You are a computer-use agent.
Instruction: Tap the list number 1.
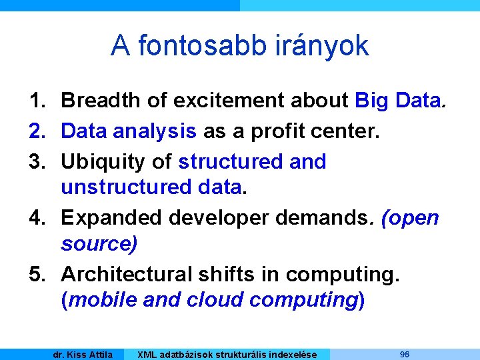pos(37,101)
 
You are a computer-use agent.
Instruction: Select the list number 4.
pos(37,218)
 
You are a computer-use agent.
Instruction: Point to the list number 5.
pos(37,274)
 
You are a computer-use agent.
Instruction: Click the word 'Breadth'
pos(101,101)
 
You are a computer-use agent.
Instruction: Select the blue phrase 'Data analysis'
pos(128,131)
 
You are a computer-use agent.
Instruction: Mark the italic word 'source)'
pos(99,244)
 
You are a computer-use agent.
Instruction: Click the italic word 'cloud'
pos(213,300)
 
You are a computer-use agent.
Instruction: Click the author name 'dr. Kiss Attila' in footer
pos(83,355)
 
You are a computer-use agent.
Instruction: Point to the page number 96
pos(405,354)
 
